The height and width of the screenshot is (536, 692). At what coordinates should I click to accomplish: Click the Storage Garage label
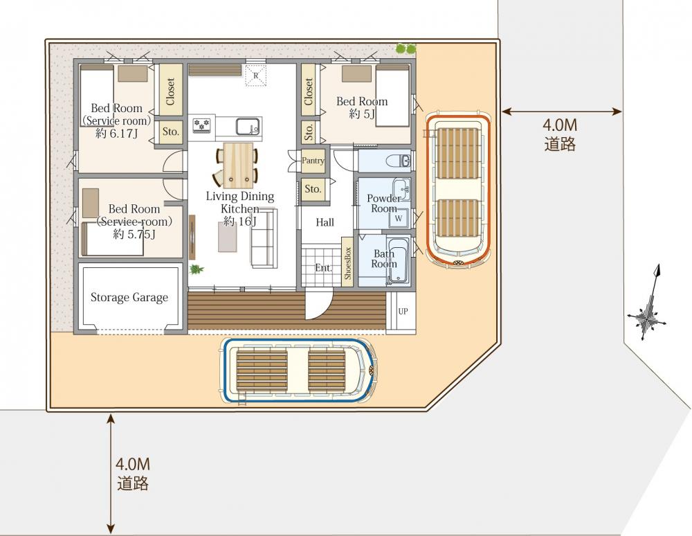[129, 298]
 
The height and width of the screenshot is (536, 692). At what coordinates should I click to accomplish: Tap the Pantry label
[313, 161]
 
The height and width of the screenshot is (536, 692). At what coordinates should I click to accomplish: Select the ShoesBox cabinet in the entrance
[347, 263]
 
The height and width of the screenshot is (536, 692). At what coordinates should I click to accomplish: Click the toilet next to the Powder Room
[399, 161]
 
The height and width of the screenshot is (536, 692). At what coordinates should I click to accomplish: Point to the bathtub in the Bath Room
[399, 261]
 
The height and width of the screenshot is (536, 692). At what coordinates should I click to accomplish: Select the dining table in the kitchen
[238, 166]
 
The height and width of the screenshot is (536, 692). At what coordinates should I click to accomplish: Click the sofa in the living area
[264, 238]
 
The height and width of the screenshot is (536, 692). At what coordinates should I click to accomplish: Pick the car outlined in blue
[300, 370]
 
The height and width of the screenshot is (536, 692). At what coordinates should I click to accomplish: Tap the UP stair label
[403, 311]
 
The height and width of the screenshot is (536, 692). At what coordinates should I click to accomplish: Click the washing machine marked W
[399, 217]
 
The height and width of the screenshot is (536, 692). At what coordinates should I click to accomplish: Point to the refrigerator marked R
[255, 75]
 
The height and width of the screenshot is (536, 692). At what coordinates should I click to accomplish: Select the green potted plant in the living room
[196, 269]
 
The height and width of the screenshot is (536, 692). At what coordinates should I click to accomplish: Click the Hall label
[325, 222]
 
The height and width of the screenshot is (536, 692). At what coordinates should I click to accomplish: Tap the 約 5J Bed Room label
[362, 108]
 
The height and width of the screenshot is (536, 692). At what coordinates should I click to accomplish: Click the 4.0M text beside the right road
[560, 125]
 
